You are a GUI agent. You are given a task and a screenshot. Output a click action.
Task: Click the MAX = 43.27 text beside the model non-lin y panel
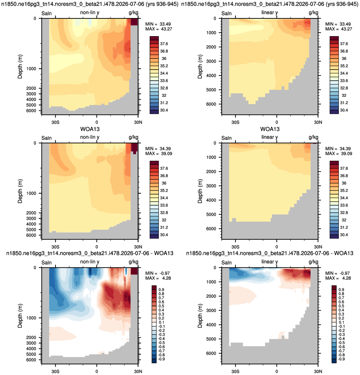(x=159, y=29)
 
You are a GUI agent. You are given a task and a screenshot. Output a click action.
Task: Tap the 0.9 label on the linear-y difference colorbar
(x=341, y=290)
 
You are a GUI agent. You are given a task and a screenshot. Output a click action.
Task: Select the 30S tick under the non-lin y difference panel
(x=55, y=372)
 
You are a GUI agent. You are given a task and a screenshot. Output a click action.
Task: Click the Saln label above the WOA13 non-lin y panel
(x=47, y=138)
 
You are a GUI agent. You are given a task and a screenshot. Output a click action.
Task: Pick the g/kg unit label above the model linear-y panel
(x=313, y=13)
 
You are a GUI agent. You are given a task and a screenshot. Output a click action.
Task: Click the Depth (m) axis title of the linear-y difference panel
(x=200, y=316)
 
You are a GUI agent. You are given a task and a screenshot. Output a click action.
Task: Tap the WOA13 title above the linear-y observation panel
(x=270, y=129)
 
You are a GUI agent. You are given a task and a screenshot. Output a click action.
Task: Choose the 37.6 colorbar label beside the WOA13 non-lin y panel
(x=164, y=168)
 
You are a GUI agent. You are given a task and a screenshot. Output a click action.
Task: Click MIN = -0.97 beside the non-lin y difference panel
(x=158, y=273)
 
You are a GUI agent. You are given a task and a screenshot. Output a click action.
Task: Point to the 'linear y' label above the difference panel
(x=270, y=262)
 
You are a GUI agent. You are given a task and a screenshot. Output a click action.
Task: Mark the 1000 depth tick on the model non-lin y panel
(x=31, y=69)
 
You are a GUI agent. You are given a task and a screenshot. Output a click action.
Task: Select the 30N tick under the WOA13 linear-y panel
(x=318, y=247)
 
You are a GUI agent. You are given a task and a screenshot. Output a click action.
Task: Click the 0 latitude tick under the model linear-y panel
(x=277, y=122)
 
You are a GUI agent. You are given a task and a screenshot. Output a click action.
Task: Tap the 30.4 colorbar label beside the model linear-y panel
(x=344, y=110)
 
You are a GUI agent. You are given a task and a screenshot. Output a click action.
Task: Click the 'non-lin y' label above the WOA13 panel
(x=90, y=137)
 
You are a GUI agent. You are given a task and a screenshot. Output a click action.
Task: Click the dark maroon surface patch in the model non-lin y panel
(x=134, y=22)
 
